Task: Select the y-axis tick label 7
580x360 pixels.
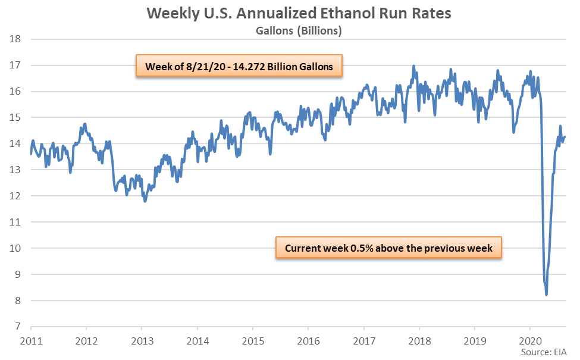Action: (18, 327)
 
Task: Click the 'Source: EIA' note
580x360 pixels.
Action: (545, 353)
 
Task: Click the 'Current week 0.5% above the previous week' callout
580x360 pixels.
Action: (389, 248)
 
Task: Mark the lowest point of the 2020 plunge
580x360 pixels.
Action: (546, 295)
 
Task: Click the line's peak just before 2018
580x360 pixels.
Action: (413, 66)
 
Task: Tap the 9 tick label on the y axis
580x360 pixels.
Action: (18, 274)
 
